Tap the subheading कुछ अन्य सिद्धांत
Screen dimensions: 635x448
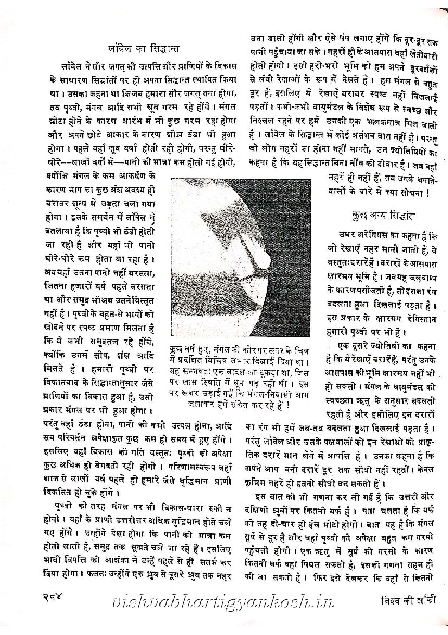click(x=383, y=216)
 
